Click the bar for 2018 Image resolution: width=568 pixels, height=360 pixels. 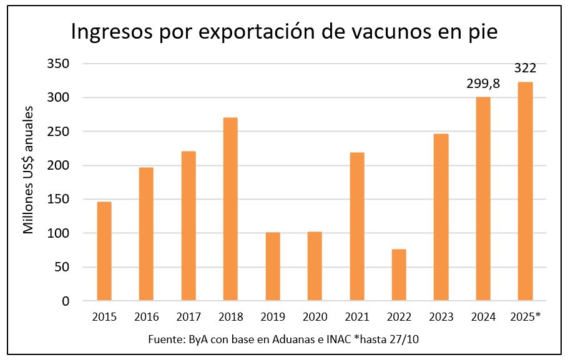coord(230,209)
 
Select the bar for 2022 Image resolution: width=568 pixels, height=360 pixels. coord(399,275)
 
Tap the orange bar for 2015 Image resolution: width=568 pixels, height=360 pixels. coord(104,251)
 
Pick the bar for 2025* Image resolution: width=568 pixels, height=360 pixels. coord(526,192)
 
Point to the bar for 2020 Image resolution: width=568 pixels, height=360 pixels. coord(315,266)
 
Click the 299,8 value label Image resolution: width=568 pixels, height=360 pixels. coord(483,84)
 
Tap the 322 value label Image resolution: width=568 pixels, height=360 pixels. coord(526,68)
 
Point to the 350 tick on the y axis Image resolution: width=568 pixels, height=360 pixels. coord(57,64)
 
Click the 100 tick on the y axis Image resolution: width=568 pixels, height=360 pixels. coord(57,233)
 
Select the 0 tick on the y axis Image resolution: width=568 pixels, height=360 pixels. coord(64,301)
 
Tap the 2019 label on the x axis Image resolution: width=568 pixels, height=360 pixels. coord(273,317)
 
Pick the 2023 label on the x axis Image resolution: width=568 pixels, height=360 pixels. coord(442,317)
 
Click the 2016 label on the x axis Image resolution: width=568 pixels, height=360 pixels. coord(146,317)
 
